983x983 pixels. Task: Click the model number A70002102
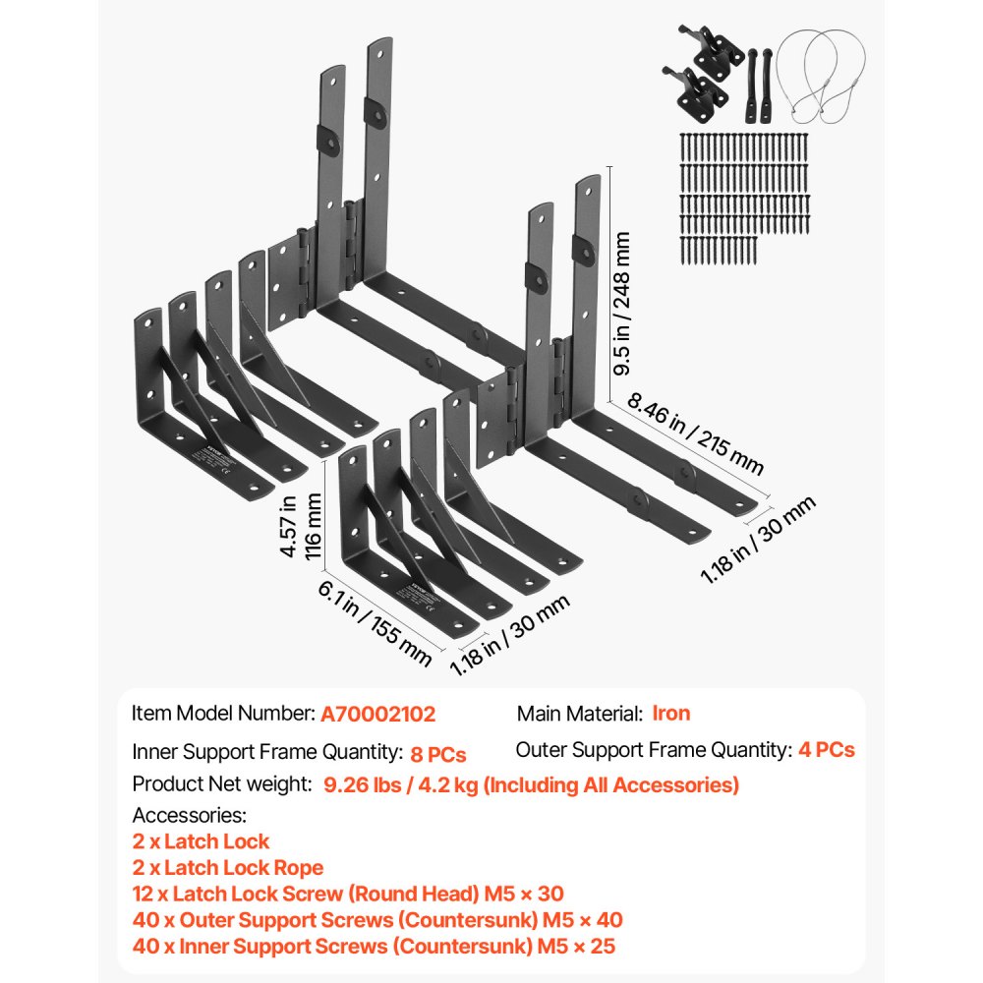[377, 715]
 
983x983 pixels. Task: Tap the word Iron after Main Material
[671, 714]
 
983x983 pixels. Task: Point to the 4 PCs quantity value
[827, 750]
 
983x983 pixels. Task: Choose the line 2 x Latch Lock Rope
[228, 868]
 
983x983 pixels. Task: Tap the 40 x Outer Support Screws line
[377, 920]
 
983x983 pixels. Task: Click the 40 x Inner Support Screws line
[376, 947]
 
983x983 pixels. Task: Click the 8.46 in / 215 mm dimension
[688, 434]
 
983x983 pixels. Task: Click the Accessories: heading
[190, 815]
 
